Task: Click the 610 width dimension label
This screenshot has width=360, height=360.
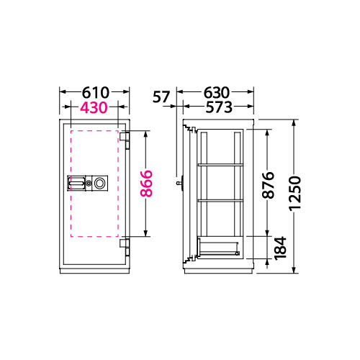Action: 96,93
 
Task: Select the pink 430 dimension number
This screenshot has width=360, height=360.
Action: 94,107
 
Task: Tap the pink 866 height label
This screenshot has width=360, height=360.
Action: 146,184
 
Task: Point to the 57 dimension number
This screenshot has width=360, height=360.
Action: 161,97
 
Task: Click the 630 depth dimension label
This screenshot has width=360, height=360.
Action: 217,93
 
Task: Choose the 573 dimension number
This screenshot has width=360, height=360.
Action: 219,107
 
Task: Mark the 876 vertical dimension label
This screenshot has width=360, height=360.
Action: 268,185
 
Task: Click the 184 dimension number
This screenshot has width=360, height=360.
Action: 281,248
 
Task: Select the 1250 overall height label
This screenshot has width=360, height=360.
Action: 295,194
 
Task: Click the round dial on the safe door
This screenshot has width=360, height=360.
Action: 99,184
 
